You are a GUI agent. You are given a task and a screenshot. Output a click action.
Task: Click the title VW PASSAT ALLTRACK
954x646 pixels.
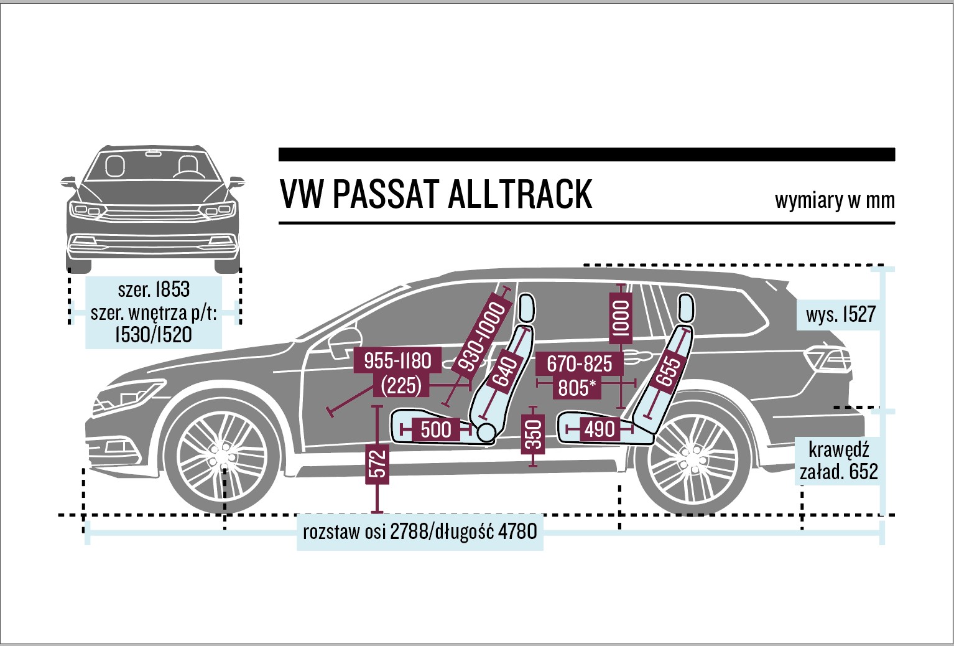pyautogui.click(x=435, y=194)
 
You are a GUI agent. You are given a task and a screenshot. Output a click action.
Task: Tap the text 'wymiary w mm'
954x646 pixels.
pyautogui.click(x=834, y=200)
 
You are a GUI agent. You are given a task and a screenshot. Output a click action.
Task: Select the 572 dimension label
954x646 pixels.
pyautogui.click(x=377, y=464)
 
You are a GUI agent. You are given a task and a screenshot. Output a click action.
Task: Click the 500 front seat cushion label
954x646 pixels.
pyautogui.click(x=436, y=429)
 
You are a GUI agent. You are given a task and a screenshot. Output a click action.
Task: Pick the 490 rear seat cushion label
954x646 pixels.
pyautogui.click(x=599, y=429)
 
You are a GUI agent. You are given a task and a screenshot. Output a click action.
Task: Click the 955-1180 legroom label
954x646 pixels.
pyautogui.click(x=397, y=361)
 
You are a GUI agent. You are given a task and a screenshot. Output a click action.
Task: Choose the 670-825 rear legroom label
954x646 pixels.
pyautogui.click(x=579, y=363)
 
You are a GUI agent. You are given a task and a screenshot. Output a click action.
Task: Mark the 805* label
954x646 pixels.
pyautogui.click(x=577, y=388)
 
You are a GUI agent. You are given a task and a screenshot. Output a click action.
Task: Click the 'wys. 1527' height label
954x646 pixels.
pyautogui.click(x=840, y=315)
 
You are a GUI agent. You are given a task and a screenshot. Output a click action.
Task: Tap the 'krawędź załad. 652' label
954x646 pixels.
pyautogui.click(x=838, y=461)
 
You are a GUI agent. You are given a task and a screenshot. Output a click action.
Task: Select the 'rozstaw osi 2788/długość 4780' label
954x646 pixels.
pyautogui.click(x=420, y=531)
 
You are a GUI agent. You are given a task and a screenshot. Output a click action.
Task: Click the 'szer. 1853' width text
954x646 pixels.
pyautogui.click(x=154, y=289)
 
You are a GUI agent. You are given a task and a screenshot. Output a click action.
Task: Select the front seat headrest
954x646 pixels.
pyautogui.click(x=526, y=308)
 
